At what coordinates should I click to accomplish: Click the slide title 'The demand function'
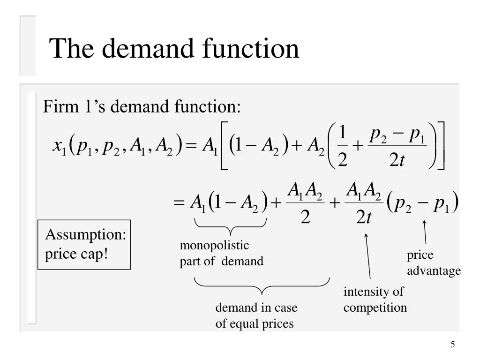click(174, 48)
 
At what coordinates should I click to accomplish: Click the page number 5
click(452, 345)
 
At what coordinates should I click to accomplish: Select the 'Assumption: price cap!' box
click(84, 244)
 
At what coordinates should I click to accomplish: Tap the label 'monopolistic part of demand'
click(222, 254)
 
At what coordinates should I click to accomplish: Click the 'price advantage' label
click(434, 263)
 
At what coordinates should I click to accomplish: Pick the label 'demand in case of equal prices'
click(256, 315)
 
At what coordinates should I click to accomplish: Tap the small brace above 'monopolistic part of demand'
click(230, 228)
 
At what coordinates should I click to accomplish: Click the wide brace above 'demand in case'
click(262, 283)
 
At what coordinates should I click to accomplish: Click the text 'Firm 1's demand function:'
click(142, 107)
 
